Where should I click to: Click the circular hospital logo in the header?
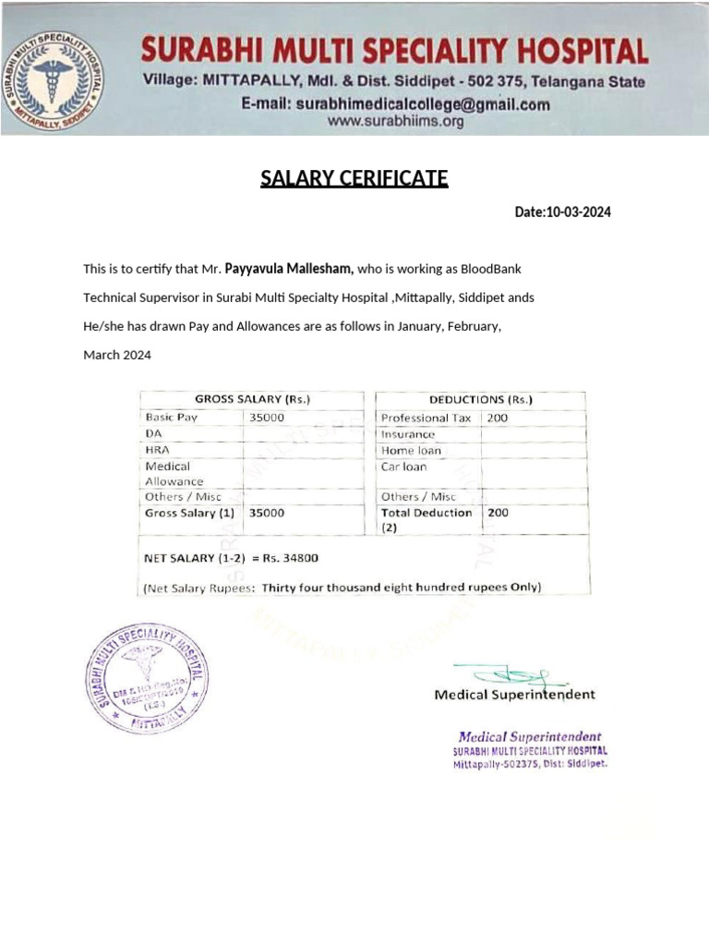[x=62, y=80]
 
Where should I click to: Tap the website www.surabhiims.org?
[x=395, y=121]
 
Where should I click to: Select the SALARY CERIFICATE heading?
[x=354, y=178]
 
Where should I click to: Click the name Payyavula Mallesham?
[x=289, y=269]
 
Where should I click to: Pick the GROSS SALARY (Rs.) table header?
[x=252, y=400]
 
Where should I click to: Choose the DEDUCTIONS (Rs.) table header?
[x=480, y=400]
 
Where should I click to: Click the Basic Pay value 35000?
[x=268, y=418]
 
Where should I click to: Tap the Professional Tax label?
[x=426, y=418]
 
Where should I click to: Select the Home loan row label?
[x=411, y=451]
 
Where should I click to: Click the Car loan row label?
[x=404, y=467]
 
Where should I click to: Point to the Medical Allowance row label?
[x=174, y=474]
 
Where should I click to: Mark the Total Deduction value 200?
[x=498, y=513]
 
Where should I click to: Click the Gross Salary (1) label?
[x=189, y=513]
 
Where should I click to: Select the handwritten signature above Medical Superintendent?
[x=503, y=676]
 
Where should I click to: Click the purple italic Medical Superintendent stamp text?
[x=530, y=736]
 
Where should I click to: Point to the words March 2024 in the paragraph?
[x=117, y=356]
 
